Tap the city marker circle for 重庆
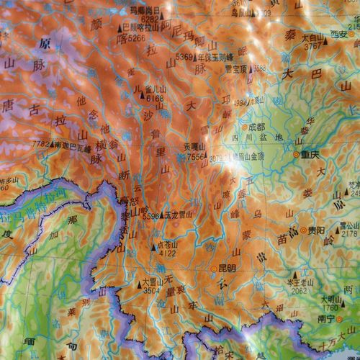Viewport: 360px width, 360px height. point(296,153)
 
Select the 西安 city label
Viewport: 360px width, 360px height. point(339,34)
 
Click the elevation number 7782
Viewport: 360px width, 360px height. point(41,144)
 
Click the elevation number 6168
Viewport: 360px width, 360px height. point(155,99)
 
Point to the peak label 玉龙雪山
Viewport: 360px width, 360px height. point(179,214)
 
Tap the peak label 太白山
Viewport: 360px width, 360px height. point(312,37)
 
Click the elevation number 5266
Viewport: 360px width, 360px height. point(136,37)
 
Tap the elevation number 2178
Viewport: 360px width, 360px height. point(348,233)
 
